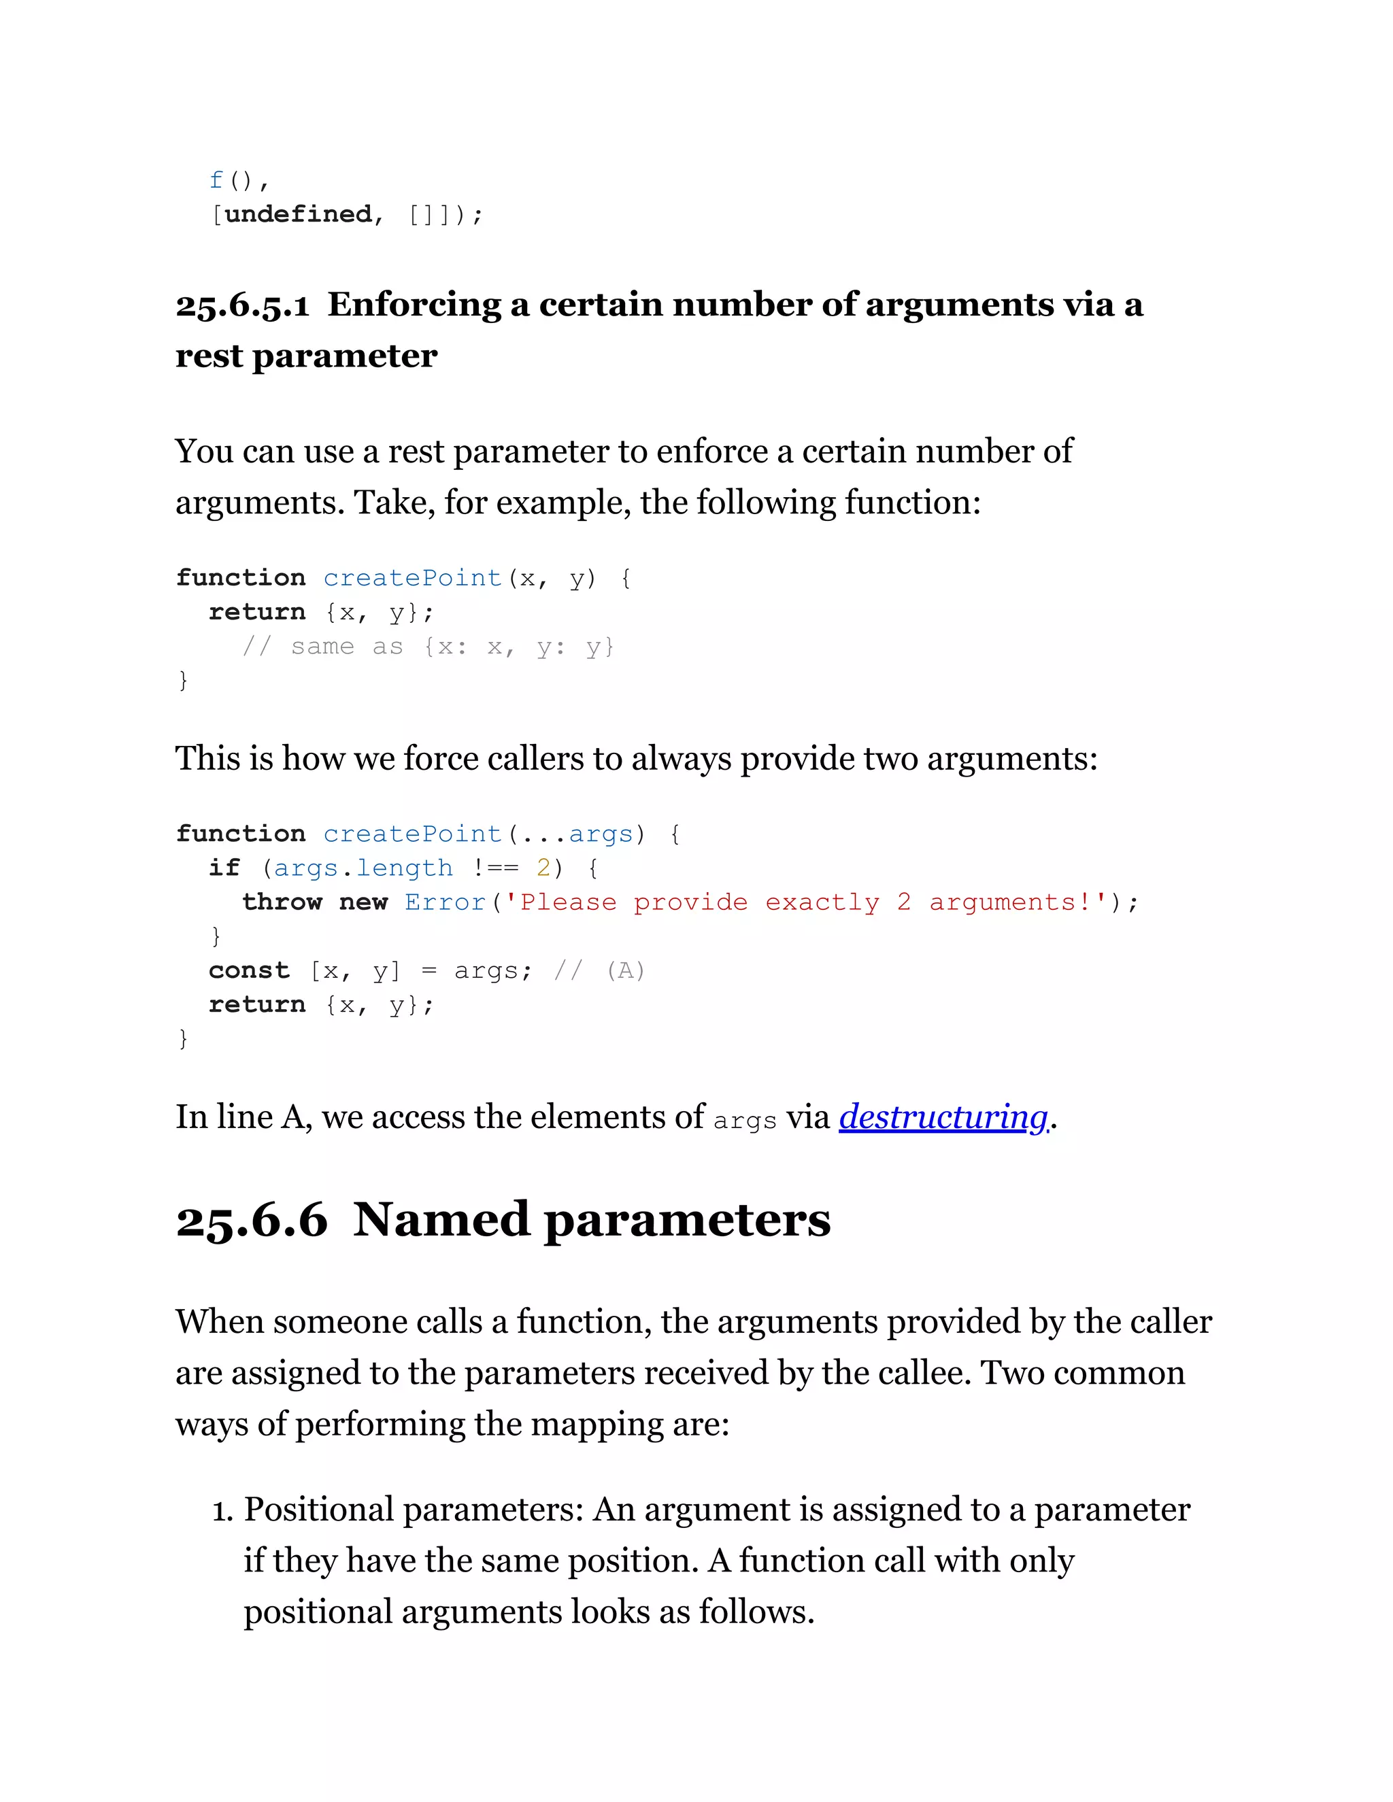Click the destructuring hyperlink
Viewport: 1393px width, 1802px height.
click(x=943, y=1117)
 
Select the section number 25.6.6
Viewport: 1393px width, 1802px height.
click(x=252, y=1221)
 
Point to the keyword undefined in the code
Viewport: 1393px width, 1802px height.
click(x=298, y=214)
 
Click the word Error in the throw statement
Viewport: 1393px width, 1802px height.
click(x=445, y=902)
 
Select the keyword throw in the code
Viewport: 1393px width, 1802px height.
click(x=282, y=902)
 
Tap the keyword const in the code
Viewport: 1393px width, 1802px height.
click(x=249, y=970)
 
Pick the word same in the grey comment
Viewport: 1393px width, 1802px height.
click(x=322, y=646)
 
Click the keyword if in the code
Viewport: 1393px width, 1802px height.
click(x=224, y=868)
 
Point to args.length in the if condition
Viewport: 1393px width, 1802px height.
click(x=363, y=868)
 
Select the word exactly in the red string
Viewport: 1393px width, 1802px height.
click(x=822, y=902)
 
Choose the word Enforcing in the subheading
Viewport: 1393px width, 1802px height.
click(x=414, y=305)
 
